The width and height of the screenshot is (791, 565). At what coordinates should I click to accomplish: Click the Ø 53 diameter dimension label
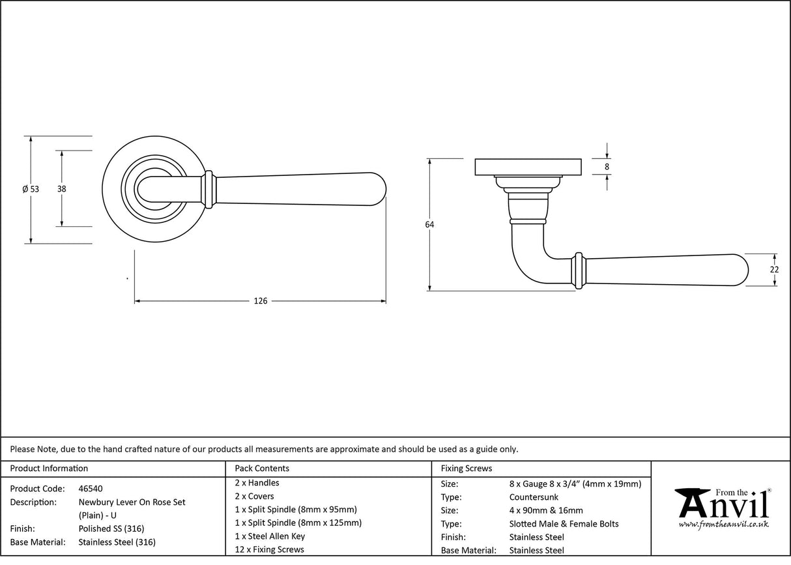tap(31, 189)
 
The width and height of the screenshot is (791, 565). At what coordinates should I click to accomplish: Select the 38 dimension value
tap(62, 189)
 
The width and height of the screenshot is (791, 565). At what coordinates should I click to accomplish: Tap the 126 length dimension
tap(261, 301)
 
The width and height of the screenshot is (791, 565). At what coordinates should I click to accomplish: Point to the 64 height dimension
tap(429, 225)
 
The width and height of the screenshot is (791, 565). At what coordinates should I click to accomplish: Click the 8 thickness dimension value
tap(607, 167)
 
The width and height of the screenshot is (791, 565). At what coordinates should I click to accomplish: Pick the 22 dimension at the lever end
tap(774, 270)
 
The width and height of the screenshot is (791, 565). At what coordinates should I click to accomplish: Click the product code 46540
tap(91, 489)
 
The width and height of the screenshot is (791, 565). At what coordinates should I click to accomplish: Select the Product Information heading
tap(49, 469)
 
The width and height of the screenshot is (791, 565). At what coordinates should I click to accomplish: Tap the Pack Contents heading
tap(262, 469)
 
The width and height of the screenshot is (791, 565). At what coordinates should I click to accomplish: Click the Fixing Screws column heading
tap(467, 469)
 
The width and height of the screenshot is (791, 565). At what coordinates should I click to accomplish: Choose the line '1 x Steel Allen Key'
tap(270, 536)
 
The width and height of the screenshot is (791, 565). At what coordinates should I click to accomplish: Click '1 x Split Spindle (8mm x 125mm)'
tap(298, 523)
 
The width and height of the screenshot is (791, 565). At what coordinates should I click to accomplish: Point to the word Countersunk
tap(534, 497)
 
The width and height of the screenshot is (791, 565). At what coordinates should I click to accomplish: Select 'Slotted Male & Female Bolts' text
tap(564, 524)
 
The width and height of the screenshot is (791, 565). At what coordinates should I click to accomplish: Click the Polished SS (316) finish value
tap(111, 529)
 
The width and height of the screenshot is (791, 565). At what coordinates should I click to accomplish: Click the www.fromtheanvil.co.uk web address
tap(723, 525)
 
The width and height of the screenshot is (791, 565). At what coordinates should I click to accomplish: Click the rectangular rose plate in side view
tap(528, 167)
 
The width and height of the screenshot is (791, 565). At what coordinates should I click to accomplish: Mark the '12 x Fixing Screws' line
tap(269, 549)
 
